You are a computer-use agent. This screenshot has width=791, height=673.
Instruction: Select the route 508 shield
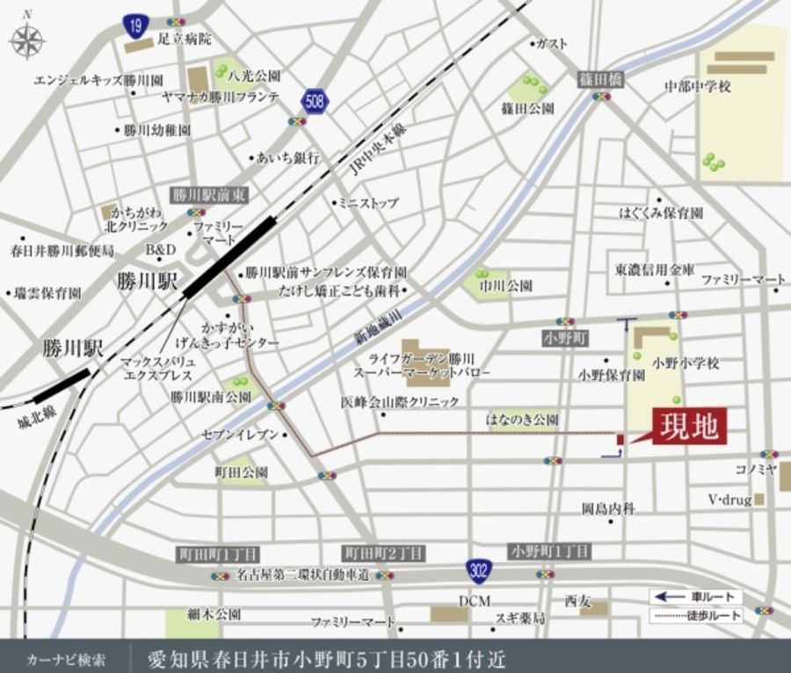pyautogui.click(x=314, y=101)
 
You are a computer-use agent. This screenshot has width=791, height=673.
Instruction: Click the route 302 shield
pyautogui.click(x=479, y=568)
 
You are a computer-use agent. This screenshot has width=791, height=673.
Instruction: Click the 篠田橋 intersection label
pyautogui.click(x=600, y=79)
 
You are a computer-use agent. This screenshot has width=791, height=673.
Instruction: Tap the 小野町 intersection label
pyautogui.click(x=565, y=338)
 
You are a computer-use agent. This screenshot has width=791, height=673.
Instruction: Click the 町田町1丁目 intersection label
pyautogui.click(x=217, y=554)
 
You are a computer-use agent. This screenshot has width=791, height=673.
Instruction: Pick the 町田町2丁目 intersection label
pyautogui.click(x=383, y=554)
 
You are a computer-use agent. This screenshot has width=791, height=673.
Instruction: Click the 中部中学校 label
pyautogui.click(x=698, y=86)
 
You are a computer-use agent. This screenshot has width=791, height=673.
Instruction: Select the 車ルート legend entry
pyautogui.click(x=697, y=596)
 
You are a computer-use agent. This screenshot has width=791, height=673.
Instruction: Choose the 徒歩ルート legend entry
pyautogui.click(x=697, y=615)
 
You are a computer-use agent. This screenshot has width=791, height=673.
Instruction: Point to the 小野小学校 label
pyautogui.click(x=686, y=362)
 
